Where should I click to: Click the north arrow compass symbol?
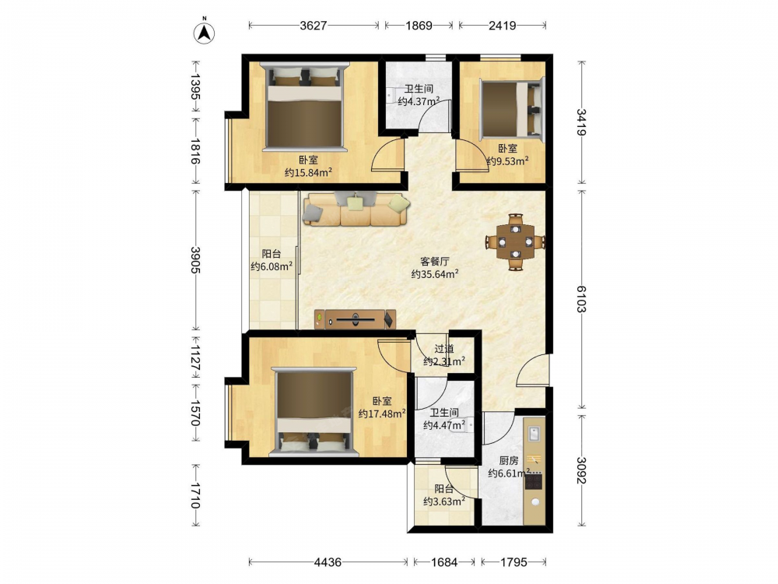(203, 31)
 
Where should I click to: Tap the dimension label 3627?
(314, 26)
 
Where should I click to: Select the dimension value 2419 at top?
(502, 26)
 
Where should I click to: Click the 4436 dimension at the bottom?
(328, 562)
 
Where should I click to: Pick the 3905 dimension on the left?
(195, 260)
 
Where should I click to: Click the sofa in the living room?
(356, 209)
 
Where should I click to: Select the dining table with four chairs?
(516, 242)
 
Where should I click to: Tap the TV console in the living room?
(356, 319)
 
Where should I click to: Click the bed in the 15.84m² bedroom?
(304, 107)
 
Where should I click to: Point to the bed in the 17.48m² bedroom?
(314, 412)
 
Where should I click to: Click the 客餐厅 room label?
(435, 261)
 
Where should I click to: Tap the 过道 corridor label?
(444, 349)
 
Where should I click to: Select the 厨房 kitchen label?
(509, 461)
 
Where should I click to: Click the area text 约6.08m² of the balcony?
(272, 266)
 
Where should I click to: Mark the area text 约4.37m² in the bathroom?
(419, 102)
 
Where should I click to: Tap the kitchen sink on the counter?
(534, 434)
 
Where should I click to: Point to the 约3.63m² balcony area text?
(444, 501)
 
